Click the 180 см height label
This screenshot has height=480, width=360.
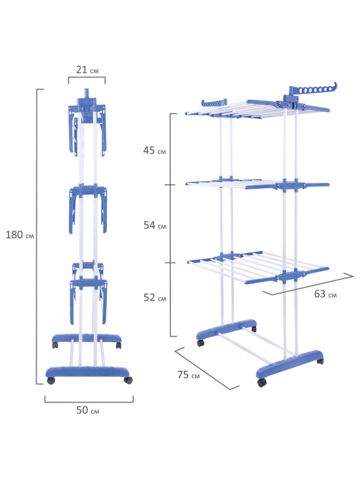[20, 235]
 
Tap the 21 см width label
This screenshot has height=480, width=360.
[87, 70]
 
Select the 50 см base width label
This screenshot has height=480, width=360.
[87, 410]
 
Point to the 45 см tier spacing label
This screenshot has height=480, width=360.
[154, 150]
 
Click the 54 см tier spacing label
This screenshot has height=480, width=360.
[155, 225]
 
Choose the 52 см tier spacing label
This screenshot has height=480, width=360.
[155, 297]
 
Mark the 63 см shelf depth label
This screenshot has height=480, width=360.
[325, 294]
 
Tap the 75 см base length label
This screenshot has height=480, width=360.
[189, 375]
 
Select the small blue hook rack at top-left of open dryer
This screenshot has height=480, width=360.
[214, 103]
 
